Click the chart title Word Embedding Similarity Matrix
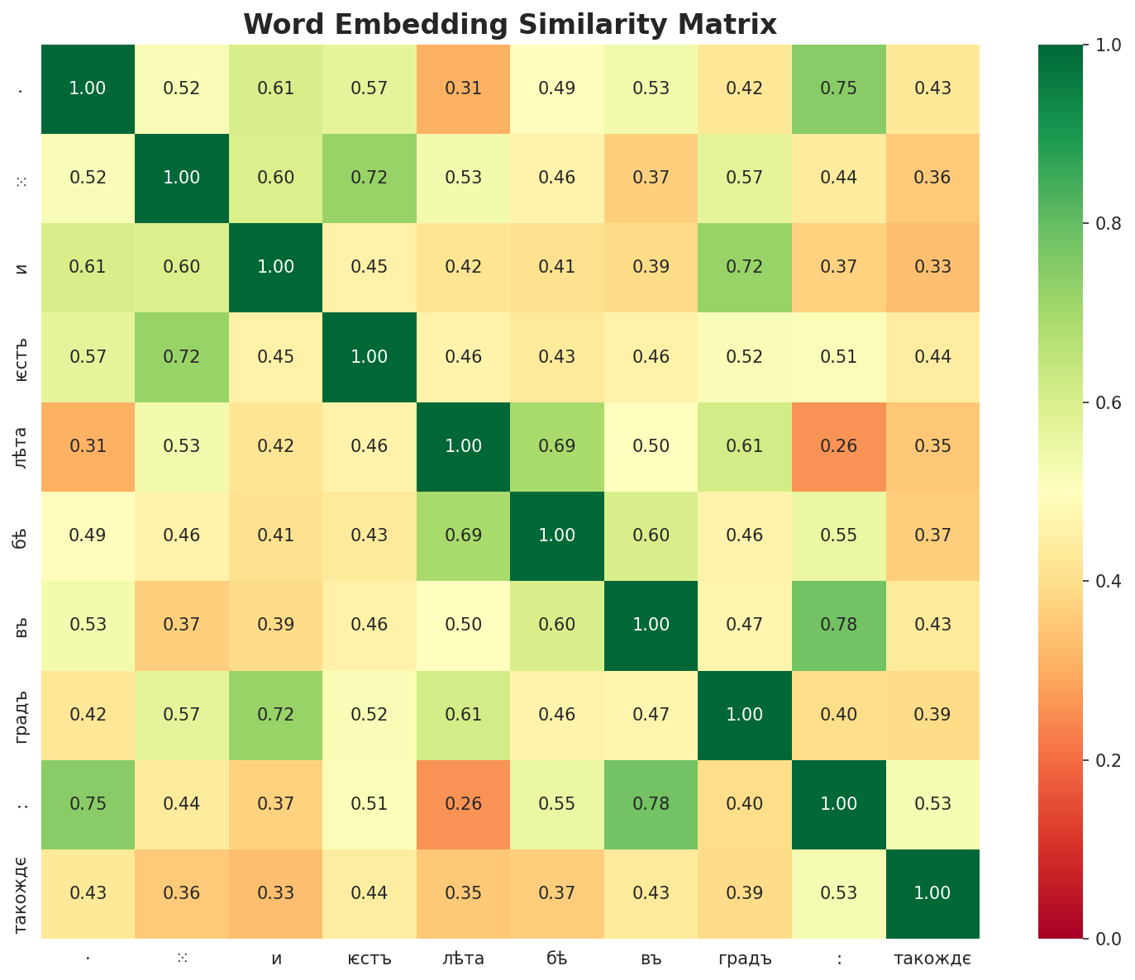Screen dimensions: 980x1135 (x=510, y=24)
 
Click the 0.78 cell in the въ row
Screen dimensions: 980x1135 (x=839, y=625)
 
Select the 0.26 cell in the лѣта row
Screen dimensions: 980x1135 (x=839, y=446)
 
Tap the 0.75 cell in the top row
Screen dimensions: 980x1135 (x=839, y=88)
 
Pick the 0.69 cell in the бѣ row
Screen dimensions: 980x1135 (x=464, y=535)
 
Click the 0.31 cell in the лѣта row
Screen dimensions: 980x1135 (x=88, y=446)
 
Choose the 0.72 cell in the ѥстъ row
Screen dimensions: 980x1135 (x=182, y=357)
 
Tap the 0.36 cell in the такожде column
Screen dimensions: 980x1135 (x=932, y=178)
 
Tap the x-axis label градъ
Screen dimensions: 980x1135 (x=745, y=959)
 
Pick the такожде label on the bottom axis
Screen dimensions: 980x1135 (x=932, y=959)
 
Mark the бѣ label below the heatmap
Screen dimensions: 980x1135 (x=557, y=959)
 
